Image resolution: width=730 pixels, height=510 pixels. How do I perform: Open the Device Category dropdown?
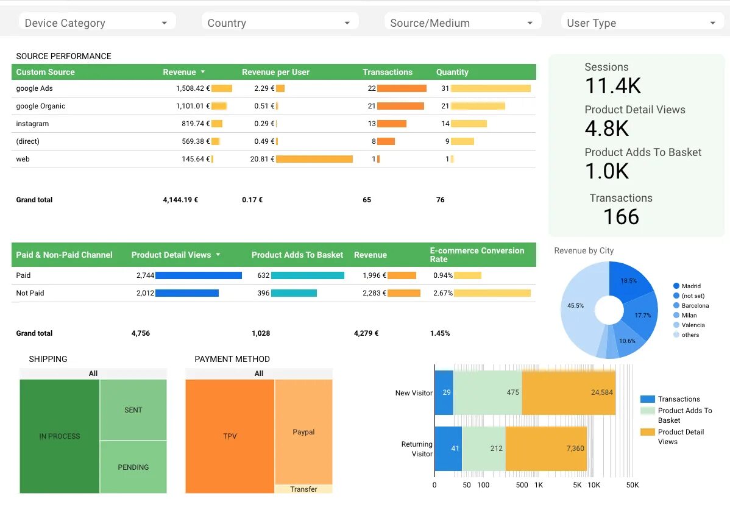pyautogui.click(x=96, y=23)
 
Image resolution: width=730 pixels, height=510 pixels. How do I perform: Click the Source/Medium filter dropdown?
pyautogui.click(x=462, y=23)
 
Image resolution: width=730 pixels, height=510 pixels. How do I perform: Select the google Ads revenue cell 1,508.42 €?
pyautogui.click(x=193, y=88)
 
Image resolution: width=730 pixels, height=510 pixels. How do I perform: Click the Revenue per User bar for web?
pyautogui.click(x=314, y=159)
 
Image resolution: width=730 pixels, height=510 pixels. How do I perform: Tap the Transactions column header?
pyautogui.click(x=388, y=72)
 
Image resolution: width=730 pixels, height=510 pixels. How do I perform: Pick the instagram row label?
pyautogui.click(x=32, y=124)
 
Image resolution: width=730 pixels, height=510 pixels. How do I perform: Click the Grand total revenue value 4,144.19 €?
pyautogui.click(x=180, y=200)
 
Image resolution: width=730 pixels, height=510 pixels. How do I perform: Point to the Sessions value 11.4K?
pyautogui.click(x=613, y=86)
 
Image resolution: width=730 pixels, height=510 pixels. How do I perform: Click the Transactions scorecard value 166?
pyautogui.click(x=621, y=217)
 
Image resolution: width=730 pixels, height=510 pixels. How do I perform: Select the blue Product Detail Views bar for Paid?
pyautogui.click(x=198, y=275)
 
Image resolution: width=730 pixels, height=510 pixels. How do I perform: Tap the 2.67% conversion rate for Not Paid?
pyautogui.click(x=442, y=293)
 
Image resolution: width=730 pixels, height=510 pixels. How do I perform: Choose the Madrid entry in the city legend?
pyautogui.click(x=691, y=286)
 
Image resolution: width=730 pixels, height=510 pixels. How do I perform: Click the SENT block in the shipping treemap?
pyautogui.click(x=133, y=410)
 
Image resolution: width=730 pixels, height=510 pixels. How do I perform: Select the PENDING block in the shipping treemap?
pyautogui.click(x=133, y=467)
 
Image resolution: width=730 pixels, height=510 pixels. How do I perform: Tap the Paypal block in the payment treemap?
pyautogui.click(x=303, y=432)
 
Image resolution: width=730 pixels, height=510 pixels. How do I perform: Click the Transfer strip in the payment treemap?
pyautogui.click(x=303, y=489)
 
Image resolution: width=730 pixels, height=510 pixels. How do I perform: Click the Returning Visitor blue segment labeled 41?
pyautogui.click(x=447, y=448)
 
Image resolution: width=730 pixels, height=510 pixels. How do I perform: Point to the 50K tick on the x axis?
pyautogui.click(x=633, y=485)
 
